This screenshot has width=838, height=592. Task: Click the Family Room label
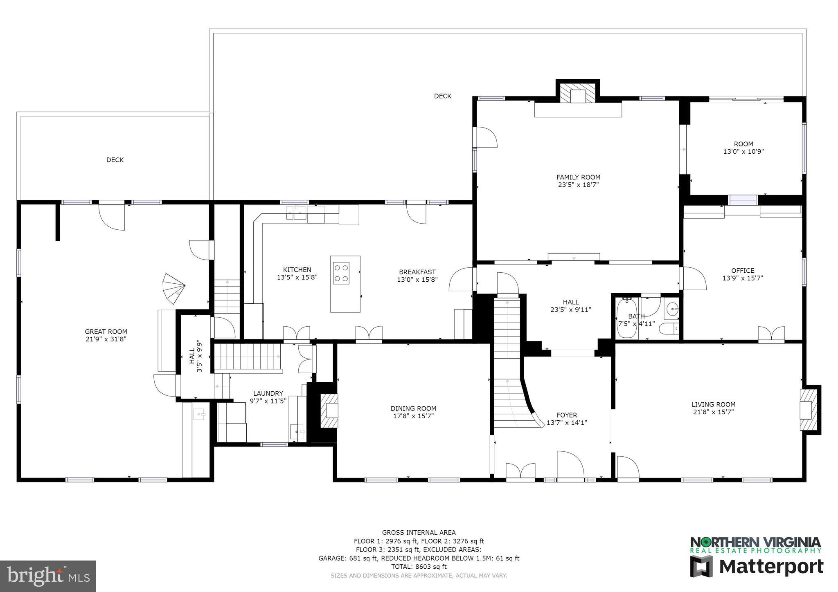[578, 177]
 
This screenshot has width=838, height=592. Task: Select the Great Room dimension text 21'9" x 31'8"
[106, 339]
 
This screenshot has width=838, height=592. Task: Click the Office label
[742, 270]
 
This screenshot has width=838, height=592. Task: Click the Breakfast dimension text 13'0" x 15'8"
[417, 280]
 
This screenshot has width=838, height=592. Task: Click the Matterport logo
[757, 567]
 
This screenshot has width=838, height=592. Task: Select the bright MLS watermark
[48, 576]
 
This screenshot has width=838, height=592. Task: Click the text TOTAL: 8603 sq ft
[419, 567]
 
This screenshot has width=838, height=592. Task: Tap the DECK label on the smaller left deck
[115, 160]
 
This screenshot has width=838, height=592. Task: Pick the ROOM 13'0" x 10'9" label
[743, 148]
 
